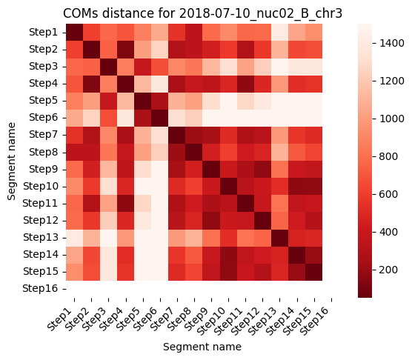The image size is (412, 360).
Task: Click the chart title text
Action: (202, 13)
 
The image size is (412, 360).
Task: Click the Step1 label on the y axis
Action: (44, 33)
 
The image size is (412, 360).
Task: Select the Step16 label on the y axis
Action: (40, 289)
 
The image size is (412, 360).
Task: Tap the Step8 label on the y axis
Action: (44, 152)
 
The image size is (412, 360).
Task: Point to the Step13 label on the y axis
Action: (41, 237)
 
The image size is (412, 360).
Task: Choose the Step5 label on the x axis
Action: (128, 319)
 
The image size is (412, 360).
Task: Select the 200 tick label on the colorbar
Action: (388, 270)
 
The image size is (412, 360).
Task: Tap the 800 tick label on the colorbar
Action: (388, 156)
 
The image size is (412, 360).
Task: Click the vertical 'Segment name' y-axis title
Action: (11, 161)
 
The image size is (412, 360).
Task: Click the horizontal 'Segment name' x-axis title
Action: (202, 347)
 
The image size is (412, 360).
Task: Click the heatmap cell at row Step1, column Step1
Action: (74, 33)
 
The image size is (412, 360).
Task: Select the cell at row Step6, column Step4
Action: (125, 118)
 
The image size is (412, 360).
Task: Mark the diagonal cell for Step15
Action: (313, 272)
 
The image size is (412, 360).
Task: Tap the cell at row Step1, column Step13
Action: (279, 33)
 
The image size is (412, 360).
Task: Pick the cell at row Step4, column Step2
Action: (91, 84)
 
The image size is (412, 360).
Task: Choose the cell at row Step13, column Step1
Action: (74, 238)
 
